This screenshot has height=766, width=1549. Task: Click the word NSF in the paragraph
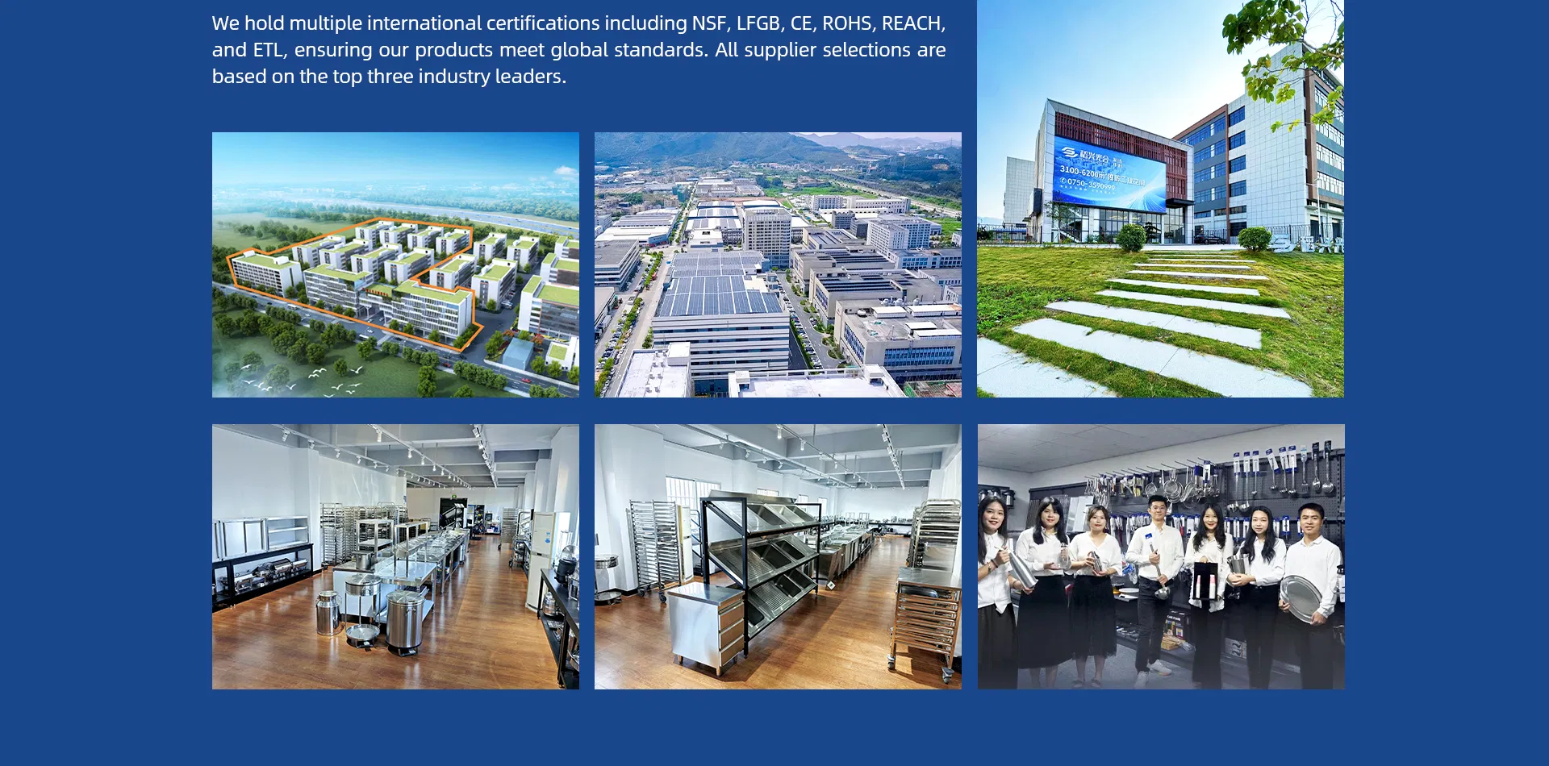(709, 23)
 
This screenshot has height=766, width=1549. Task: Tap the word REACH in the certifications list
(911, 23)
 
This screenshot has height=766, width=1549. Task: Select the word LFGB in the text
(758, 23)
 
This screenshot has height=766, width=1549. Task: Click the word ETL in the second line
(269, 50)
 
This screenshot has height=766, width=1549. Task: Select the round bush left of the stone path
(1131, 238)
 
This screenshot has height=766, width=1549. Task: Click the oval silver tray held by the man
(1300, 597)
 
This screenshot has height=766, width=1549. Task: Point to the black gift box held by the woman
(1205, 580)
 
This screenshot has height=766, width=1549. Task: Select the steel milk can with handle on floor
(328, 613)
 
